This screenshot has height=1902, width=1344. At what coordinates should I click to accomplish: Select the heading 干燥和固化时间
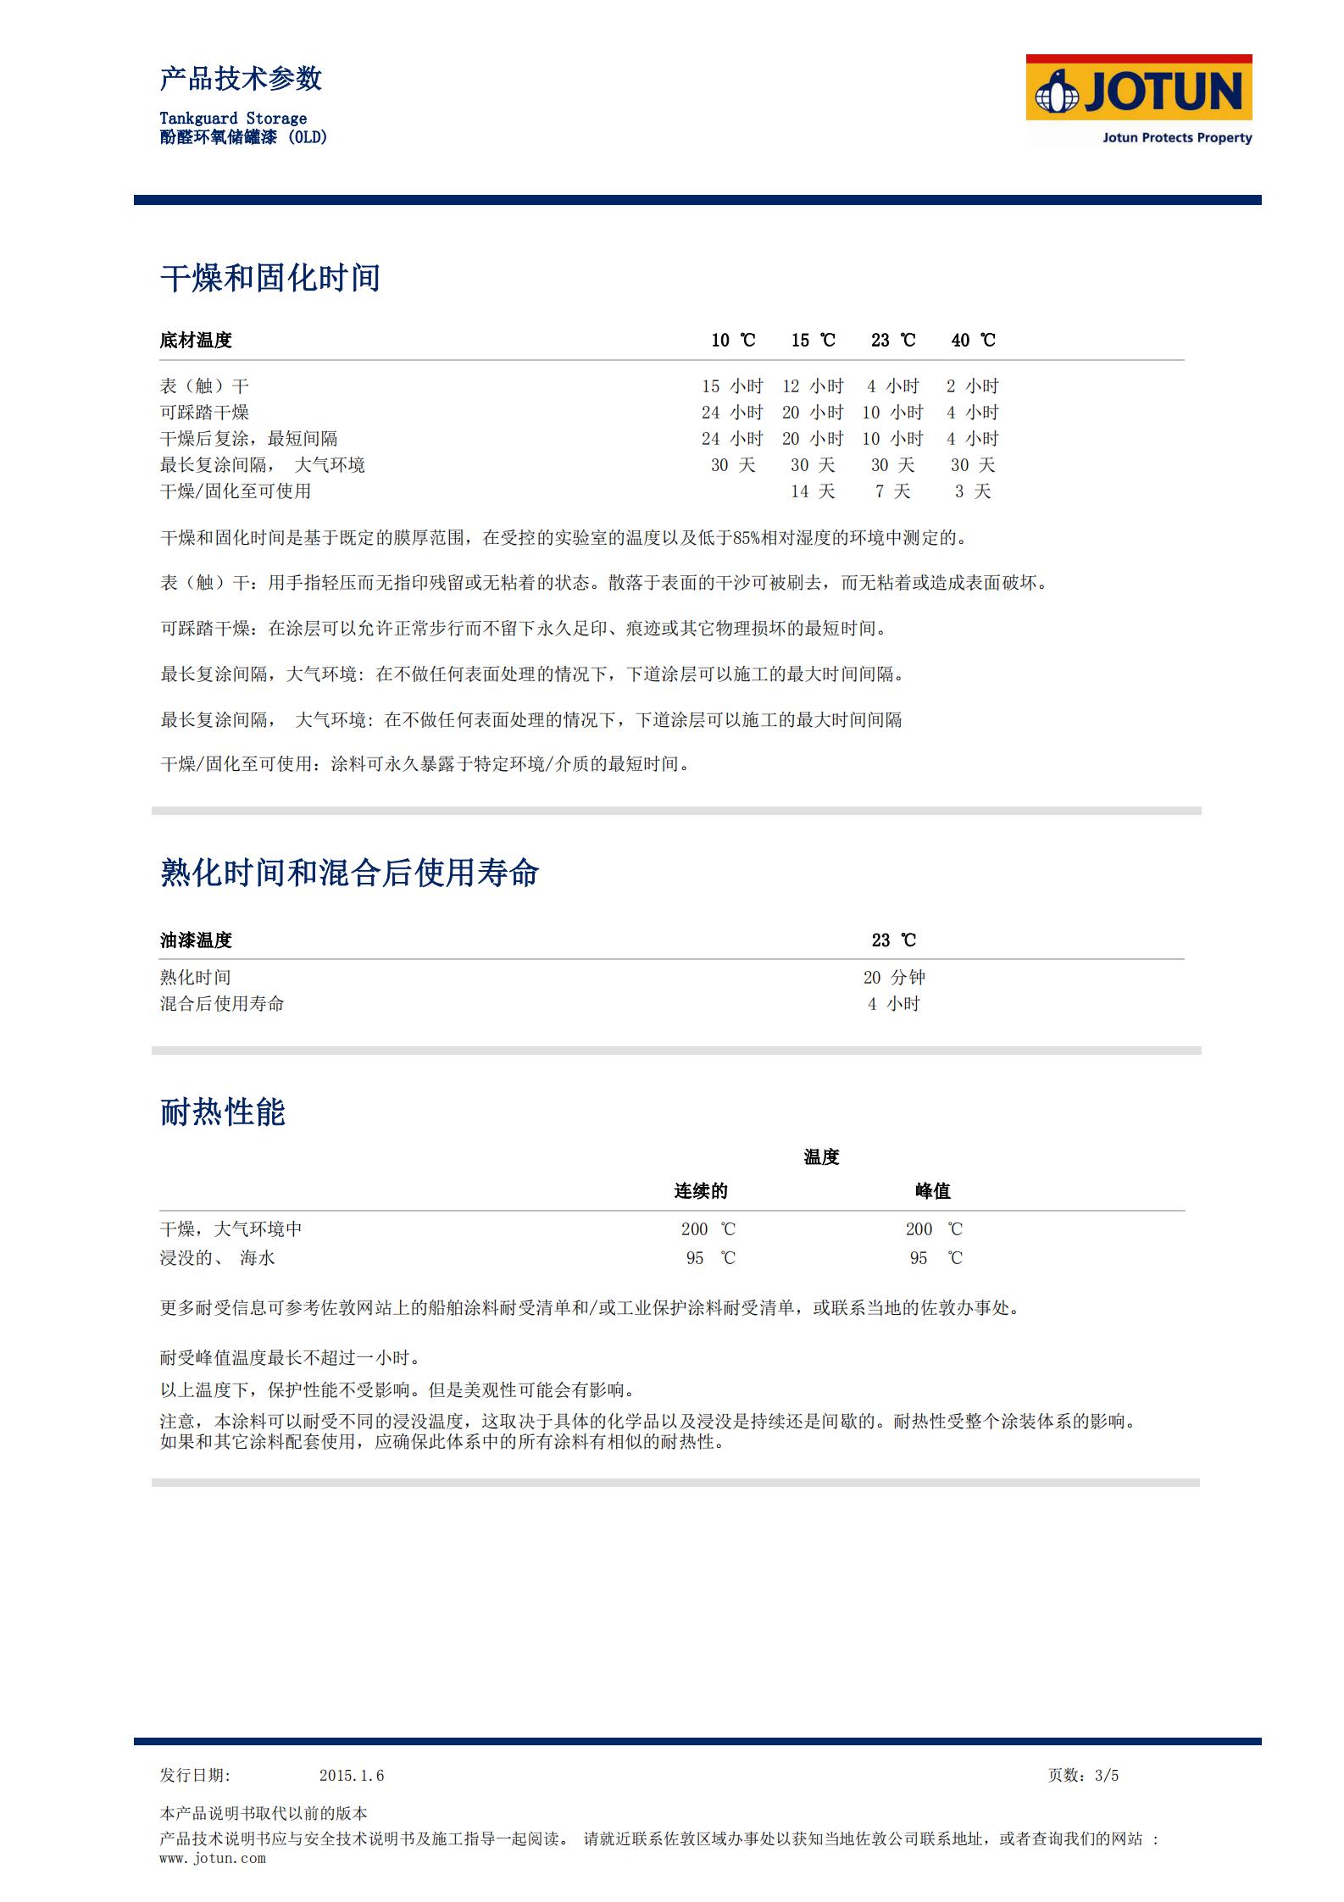(270, 278)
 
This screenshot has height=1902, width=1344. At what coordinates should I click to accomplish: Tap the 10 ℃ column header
(733, 341)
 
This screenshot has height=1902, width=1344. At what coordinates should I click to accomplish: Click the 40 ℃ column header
(973, 341)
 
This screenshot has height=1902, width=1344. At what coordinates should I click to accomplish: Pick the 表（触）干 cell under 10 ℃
(732, 386)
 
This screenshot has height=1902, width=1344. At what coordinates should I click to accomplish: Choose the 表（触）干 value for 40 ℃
(972, 386)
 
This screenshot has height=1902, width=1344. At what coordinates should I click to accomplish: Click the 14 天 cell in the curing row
(813, 491)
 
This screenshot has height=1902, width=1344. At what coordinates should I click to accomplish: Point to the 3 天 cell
(972, 491)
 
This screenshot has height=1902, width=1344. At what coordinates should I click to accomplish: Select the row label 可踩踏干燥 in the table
(204, 413)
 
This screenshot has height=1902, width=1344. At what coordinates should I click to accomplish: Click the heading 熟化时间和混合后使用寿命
(349, 873)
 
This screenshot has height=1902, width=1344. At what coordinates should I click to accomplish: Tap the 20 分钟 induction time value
(894, 978)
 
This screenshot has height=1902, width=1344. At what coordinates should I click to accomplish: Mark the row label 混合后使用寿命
(222, 1004)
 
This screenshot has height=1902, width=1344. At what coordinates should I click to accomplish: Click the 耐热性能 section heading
(223, 1112)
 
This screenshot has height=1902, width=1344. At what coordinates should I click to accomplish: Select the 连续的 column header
(701, 1191)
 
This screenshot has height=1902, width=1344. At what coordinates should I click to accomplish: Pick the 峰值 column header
(932, 1191)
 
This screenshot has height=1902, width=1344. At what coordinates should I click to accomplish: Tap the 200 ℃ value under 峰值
(933, 1229)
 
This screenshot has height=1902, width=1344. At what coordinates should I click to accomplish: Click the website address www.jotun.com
(213, 1858)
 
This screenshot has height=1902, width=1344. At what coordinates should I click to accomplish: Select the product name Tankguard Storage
(233, 119)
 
